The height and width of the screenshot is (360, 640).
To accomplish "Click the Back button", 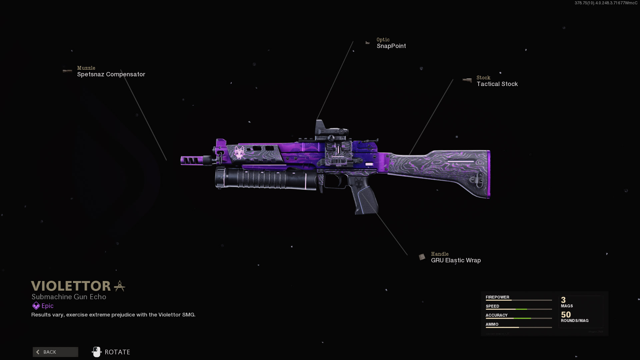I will (x=55, y=352).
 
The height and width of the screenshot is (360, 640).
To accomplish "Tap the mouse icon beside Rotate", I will (x=96, y=352).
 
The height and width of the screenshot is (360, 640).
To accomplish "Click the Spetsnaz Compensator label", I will (x=111, y=74).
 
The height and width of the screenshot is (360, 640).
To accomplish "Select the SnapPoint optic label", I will (x=391, y=46).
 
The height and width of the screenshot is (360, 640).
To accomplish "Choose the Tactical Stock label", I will (x=497, y=84).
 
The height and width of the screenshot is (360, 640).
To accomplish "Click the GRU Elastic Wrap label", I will (x=456, y=260).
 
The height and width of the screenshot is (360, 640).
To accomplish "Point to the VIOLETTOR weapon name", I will (x=71, y=286).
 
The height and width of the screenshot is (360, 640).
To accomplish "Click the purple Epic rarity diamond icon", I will (x=36, y=306).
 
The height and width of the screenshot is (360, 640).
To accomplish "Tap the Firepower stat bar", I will (x=518, y=300).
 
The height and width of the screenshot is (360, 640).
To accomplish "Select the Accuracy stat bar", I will (x=518, y=318).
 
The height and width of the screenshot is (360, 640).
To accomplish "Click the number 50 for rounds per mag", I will (x=566, y=315).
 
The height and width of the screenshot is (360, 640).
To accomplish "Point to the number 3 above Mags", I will (x=563, y=300).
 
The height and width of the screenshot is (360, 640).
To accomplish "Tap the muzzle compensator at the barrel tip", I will (x=192, y=160).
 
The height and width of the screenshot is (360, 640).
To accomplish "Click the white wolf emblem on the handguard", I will (x=239, y=152).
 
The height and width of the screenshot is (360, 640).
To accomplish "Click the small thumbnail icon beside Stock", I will (x=467, y=80).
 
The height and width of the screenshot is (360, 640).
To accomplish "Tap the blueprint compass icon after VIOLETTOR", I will (x=119, y=286).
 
